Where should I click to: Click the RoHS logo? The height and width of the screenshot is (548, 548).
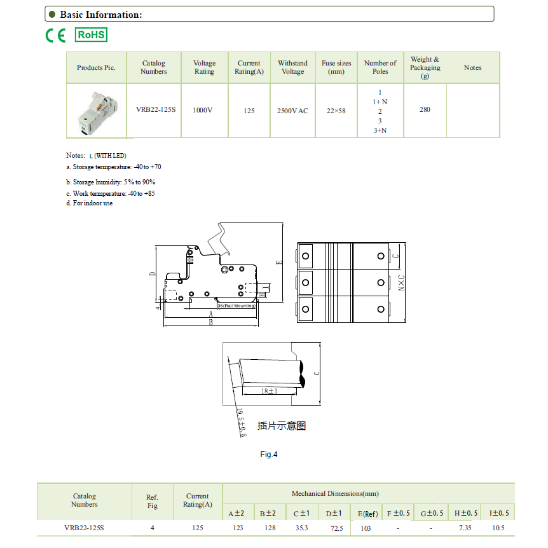point(91,35)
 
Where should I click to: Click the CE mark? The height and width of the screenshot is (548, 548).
point(55,36)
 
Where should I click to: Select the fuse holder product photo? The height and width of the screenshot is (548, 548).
point(97,112)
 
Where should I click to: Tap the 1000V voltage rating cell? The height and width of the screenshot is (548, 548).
point(203,110)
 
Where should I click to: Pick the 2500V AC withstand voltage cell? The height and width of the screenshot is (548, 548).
point(292,111)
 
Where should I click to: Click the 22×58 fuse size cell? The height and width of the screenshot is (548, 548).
point(336,111)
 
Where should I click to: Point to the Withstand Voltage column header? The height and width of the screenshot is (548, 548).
point(293,67)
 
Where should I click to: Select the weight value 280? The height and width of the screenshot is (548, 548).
point(425,109)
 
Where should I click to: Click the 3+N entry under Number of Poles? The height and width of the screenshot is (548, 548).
point(380,130)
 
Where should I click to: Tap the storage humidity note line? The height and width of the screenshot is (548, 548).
point(111,182)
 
